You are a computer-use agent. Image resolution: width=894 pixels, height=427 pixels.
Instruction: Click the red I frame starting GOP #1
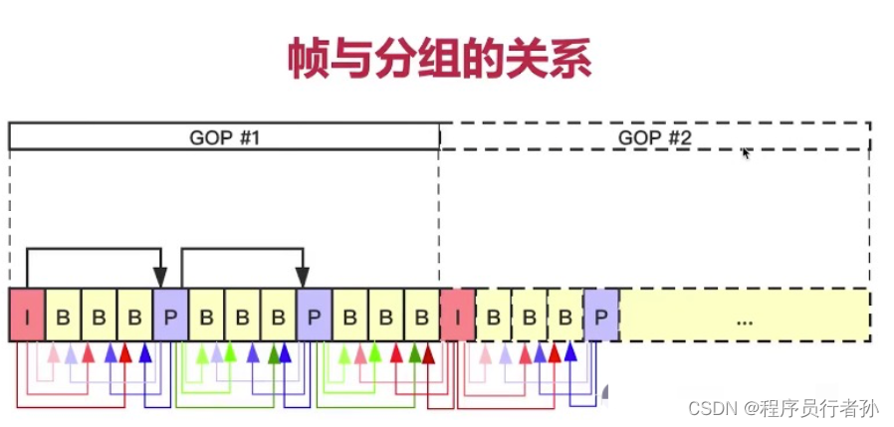tap(27, 316)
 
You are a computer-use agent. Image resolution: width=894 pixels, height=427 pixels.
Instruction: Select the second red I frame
tap(457, 316)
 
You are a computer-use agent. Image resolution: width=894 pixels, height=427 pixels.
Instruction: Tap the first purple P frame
tap(170, 316)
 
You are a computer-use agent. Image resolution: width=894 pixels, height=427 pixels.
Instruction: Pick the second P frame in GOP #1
tap(314, 316)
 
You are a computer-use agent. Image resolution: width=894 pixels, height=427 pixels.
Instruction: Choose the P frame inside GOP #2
tap(600, 316)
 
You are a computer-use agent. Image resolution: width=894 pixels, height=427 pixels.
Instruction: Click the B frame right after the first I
tap(63, 316)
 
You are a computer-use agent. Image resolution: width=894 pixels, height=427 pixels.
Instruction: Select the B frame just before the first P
tap(134, 316)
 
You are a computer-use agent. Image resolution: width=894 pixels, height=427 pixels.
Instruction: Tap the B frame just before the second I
tap(421, 316)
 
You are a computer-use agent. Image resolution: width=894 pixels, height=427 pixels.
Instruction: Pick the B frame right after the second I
tap(493, 316)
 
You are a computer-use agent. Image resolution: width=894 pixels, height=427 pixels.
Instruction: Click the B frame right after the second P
tap(349, 316)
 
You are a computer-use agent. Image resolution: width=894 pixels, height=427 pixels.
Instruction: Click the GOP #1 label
tap(224, 136)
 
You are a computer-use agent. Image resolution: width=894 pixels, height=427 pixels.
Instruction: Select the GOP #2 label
tap(654, 136)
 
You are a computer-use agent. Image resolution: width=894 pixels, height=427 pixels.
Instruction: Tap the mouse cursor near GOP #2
tap(745, 152)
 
